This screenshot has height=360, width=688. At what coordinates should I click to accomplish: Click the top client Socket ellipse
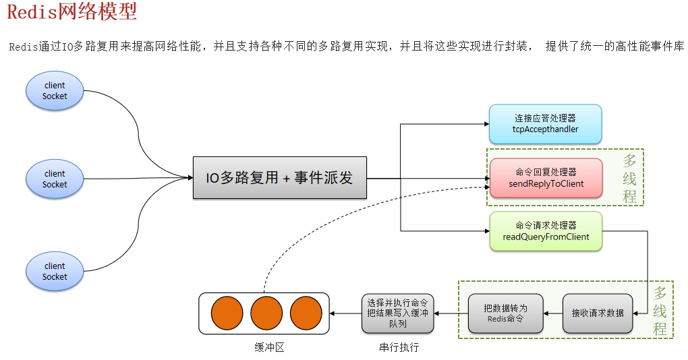point(55,91)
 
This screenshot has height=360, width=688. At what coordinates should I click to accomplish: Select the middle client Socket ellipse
point(55,179)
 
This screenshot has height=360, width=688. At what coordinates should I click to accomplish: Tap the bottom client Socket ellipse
point(55,271)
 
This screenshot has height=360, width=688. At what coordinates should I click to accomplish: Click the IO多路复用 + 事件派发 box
point(280,179)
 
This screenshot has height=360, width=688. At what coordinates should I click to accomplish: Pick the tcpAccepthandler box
point(545,124)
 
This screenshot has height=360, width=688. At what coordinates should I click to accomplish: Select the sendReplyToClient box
point(546,178)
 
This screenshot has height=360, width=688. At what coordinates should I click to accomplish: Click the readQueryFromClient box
point(546,232)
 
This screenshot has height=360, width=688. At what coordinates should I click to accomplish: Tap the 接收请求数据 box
point(598,313)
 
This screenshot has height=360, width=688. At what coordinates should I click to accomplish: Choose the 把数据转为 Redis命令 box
point(505,313)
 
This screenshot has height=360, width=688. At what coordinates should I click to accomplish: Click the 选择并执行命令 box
point(397,313)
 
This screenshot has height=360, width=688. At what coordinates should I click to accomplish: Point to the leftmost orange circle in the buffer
point(227,313)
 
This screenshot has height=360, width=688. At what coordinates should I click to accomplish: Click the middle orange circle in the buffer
point(266,313)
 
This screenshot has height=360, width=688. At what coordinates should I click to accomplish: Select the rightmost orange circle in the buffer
point(306,313)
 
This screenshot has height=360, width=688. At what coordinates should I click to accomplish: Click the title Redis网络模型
point(71,11)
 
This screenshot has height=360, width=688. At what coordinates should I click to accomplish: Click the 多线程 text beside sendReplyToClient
point(629,178)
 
